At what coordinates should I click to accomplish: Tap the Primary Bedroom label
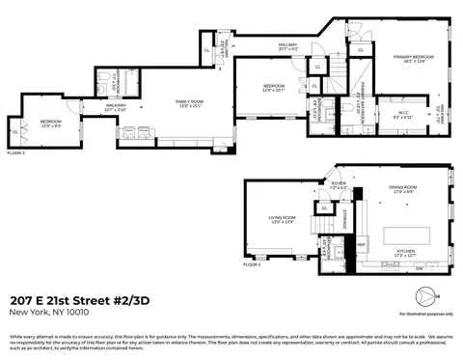tap(408, 60)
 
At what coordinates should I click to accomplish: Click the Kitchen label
tap(404, 255)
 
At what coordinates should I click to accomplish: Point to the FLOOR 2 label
tap(16, 152)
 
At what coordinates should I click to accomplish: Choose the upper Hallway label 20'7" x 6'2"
tap(287, 45)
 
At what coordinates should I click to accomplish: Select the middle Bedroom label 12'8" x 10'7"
tap(275, 89)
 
